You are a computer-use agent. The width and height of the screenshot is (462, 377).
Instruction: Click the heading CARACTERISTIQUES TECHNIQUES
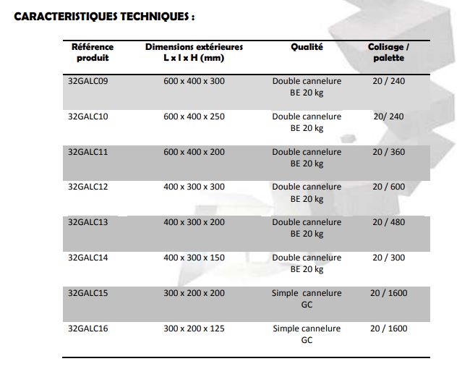point(105,16)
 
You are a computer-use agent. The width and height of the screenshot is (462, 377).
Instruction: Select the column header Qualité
point(307,47)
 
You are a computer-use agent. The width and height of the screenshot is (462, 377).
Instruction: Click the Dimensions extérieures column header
point(194,52)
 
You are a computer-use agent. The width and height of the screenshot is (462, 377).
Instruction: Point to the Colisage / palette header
point(388,52)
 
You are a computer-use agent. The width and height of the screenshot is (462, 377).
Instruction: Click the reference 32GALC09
point(87,81)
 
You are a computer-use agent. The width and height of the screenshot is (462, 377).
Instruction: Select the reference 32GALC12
point(87,187)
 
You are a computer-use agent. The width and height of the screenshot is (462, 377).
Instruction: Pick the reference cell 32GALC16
point(87,329)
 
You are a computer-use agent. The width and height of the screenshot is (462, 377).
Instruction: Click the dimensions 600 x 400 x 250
point(194,117)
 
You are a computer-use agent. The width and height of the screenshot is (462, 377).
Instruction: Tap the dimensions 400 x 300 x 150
point(194,258)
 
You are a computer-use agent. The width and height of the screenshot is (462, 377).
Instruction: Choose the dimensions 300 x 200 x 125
point(194,329)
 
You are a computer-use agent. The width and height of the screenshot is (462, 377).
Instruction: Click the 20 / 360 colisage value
point(388,152)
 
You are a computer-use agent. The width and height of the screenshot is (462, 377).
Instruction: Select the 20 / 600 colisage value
point(388,187)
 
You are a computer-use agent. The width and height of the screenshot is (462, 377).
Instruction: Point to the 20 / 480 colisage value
point(388,222)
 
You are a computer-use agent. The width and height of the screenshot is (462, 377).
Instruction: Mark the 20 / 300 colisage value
point(388,258)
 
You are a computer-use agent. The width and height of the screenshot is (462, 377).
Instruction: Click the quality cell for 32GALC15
point(307,298)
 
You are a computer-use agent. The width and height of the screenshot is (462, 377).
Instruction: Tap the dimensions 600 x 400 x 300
point(194,81)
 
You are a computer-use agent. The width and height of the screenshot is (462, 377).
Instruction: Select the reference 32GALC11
point(87,152)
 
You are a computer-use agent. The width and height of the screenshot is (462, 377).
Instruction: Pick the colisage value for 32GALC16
point(388,329)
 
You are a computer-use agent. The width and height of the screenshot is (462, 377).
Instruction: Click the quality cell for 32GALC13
point(307,228)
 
